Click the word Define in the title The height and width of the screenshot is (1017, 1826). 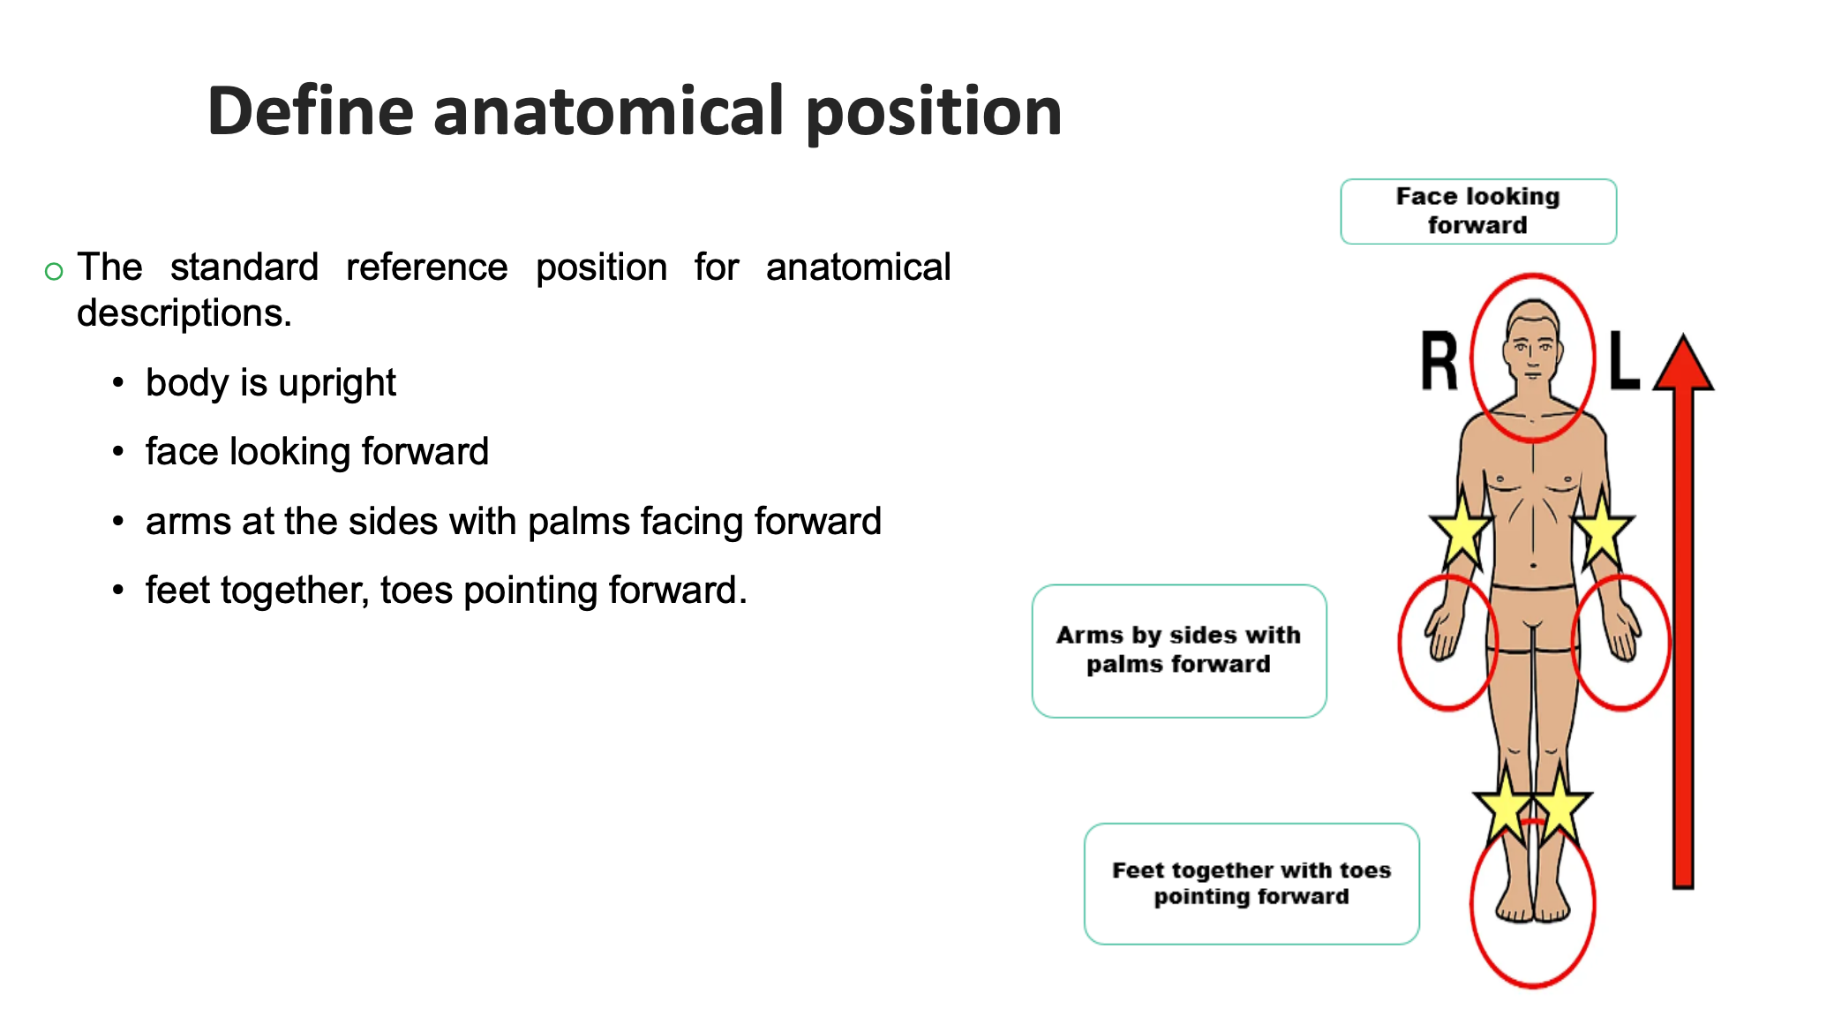(x=311, y=110)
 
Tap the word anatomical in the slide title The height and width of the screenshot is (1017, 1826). (x=609, y=110)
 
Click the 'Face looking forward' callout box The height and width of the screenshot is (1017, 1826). (x=1478, y=211)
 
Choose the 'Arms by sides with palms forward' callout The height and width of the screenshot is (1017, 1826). (x=1179, y=651)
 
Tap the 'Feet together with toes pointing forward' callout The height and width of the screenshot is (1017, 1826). (x=1251, y=884)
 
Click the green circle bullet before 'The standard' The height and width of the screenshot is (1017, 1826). (x=54, y=271)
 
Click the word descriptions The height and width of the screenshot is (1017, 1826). (x=184, y=313)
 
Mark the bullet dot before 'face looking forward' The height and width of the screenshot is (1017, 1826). (x=118, y=452)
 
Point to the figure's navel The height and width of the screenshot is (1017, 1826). (x=1534, y=565)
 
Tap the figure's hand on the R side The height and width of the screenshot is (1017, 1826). (x=1442, y=632)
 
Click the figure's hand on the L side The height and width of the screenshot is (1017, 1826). (x=1623, y=632)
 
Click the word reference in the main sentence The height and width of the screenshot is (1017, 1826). (x=427, y=267)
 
